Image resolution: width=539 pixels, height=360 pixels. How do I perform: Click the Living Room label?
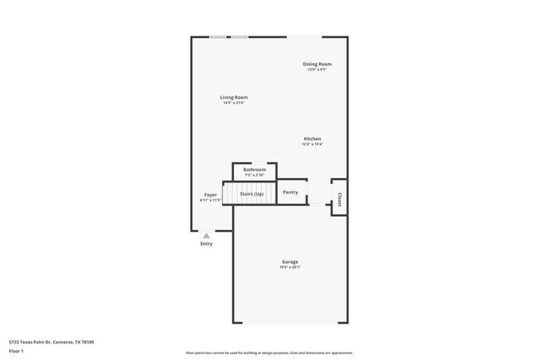(x=234, y=97)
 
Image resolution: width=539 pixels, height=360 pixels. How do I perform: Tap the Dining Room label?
(x=317, y=64)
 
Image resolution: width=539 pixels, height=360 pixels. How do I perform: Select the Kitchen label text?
(x=312, y=139)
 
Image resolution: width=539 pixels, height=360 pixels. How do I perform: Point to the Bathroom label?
(x=255, y=169)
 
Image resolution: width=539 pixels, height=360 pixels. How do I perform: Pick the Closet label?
(x=339, y=199)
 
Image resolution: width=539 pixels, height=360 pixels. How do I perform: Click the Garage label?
(x=289, y=261)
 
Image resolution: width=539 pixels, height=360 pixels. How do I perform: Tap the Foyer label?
(x=211, y=195)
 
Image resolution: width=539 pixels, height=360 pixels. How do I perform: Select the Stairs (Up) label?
(x=251, y=194)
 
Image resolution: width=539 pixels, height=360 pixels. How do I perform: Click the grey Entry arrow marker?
(x=206, y=236)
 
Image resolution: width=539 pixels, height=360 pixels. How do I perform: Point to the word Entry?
(x=206, y=244)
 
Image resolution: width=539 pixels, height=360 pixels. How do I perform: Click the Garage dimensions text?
(x=289, y=267)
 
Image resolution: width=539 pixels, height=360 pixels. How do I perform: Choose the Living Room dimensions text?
(x=234, y=103)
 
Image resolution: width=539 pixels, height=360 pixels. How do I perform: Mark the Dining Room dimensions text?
(x=317, y=70)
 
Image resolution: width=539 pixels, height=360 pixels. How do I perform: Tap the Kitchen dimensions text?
(x=312, y=144)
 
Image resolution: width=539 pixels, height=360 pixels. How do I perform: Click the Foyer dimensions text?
(x=211, y=201)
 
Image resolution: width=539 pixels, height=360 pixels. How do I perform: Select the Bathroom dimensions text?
(x=255, y=175)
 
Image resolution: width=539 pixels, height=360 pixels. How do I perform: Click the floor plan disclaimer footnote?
(x=269, y=353)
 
